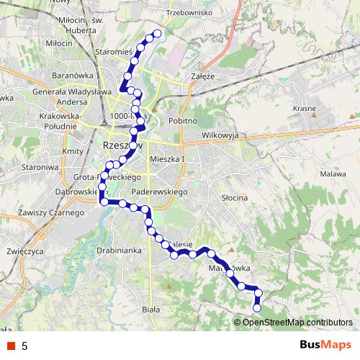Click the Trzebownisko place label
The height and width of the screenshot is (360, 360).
tap(186, 13)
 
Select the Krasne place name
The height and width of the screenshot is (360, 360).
tap(305, 108)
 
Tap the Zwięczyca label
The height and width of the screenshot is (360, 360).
tap(23, 253)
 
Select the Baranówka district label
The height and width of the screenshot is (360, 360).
tap(70, 74)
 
